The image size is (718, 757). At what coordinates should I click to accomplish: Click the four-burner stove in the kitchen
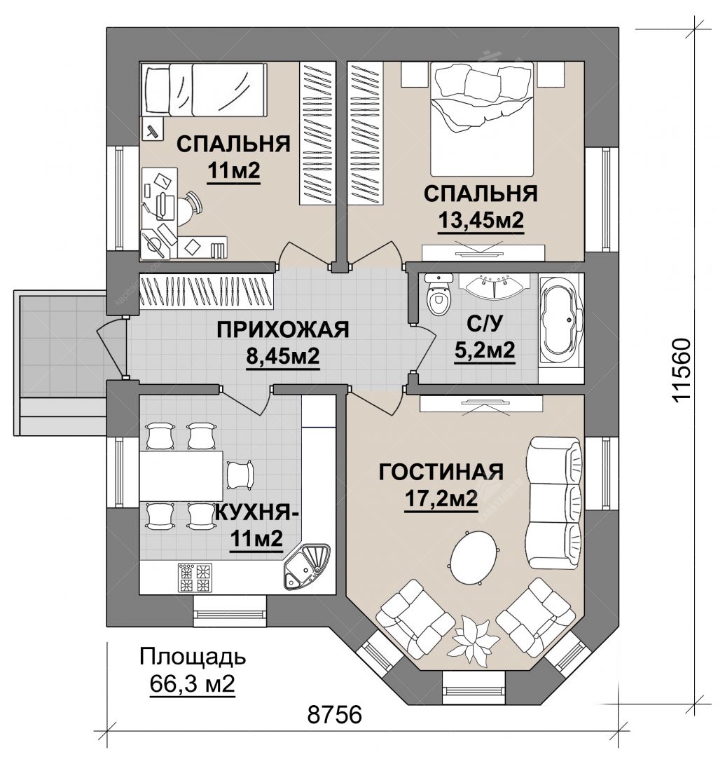click(195, 578)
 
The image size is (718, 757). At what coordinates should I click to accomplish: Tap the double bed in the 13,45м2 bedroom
click(482, 118)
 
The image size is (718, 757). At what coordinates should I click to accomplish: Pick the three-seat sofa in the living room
click(553, 503)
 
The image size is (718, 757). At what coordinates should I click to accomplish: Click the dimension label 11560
click(682, 370)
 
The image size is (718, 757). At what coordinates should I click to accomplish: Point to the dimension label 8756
click(334, 714)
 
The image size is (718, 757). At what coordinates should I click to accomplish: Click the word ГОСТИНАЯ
click(441, 472)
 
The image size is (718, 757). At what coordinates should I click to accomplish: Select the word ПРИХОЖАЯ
click(282, 330)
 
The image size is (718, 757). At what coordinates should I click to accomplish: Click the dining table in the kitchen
click(181, 476)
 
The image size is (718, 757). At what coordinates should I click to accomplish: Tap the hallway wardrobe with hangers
click(207, 292)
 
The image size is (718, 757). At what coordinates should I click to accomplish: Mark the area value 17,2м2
click(441, 499)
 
